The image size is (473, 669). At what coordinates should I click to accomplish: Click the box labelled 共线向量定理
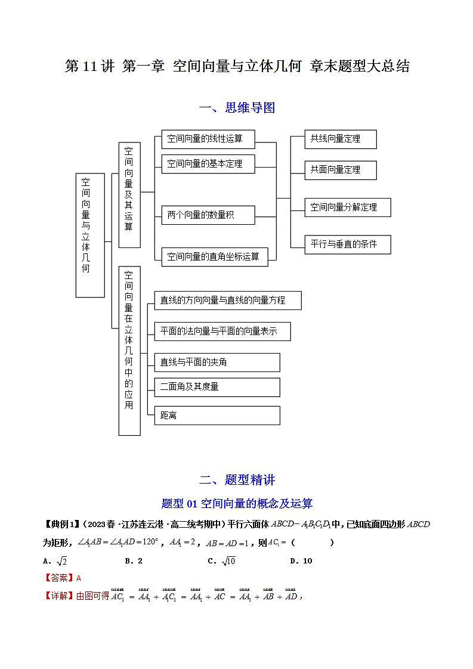(340, 139)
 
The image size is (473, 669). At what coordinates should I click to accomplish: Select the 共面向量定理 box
(340, 170)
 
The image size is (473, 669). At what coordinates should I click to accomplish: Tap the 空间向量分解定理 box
(348, 207)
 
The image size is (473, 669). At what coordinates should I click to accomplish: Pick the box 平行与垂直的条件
(348, 244)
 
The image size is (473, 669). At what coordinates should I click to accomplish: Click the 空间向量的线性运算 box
(208, 139)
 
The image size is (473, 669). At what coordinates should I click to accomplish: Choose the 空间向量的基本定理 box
(208, 163)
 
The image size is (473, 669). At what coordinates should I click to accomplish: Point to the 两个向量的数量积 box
(208, 215)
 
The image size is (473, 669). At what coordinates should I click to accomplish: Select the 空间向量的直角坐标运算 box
(214, 256)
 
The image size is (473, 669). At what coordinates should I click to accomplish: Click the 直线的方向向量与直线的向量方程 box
(227, 301)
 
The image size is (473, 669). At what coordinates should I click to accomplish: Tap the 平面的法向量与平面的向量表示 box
(222, 332)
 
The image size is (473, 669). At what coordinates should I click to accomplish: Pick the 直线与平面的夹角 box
(217, 362)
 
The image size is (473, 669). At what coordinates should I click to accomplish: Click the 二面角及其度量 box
(217, 387)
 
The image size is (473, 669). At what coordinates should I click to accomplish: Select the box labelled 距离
(217, 416)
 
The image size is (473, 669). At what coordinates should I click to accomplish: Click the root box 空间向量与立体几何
(89, 235)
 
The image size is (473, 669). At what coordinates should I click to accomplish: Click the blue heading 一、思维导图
(237, 108)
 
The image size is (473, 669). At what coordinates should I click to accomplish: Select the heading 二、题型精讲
(237, 480)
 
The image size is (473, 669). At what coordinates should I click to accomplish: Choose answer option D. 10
(301, 560)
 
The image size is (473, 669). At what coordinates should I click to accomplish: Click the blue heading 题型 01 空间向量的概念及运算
(237, 504)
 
